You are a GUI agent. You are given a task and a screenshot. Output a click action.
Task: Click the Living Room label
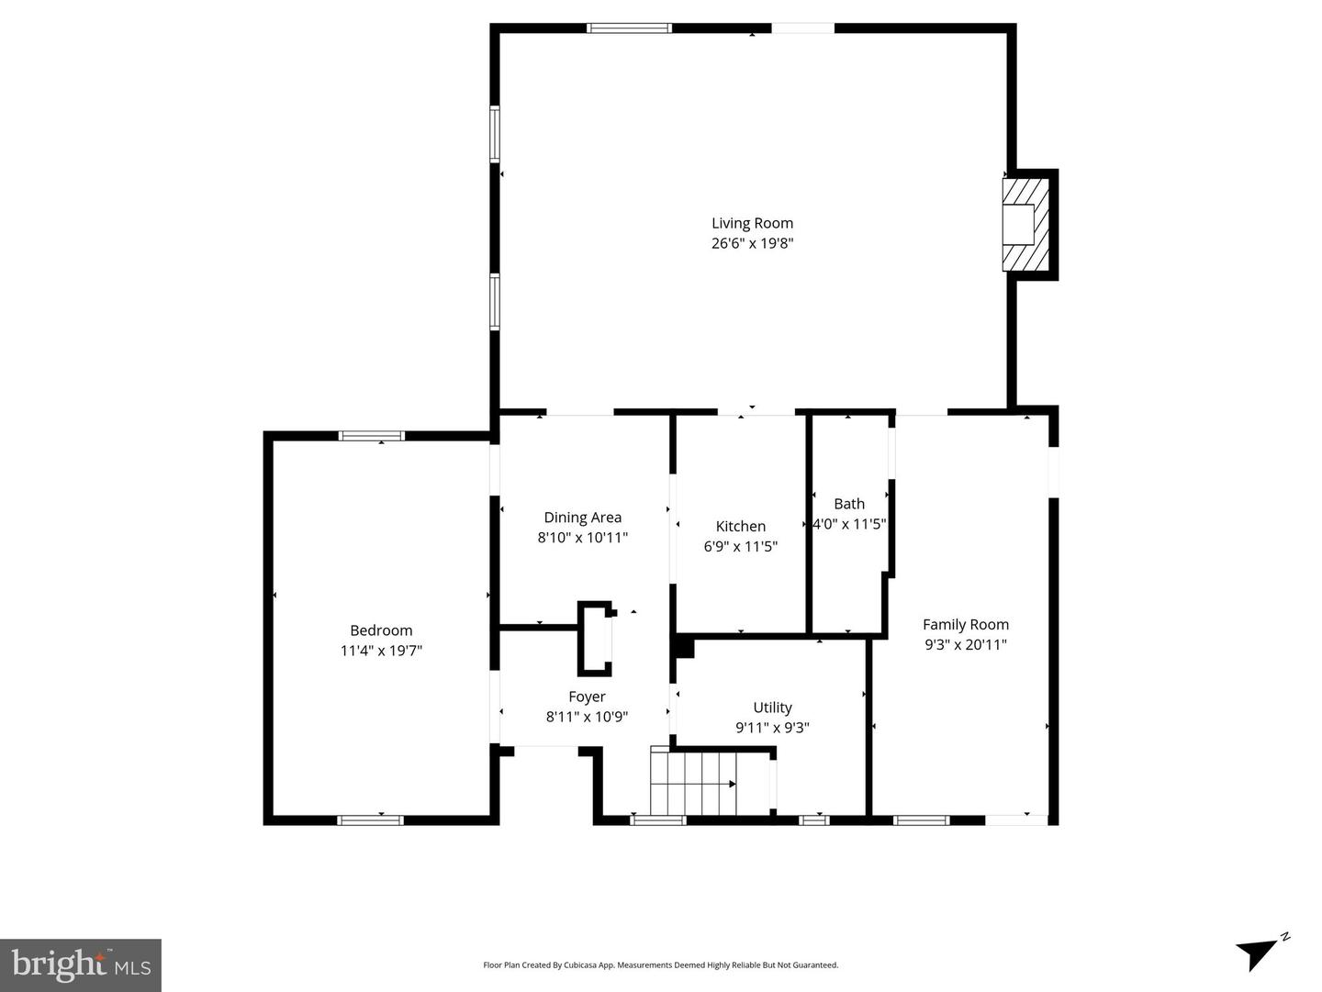pos(752,223)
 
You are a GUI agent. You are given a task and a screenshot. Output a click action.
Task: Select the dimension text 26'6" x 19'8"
pos(752,243)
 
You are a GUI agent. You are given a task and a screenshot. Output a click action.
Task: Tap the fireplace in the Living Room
pos(1025,224)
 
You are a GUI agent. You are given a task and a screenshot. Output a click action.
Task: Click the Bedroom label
pos(381,630)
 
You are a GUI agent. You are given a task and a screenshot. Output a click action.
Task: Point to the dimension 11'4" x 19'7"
pos(381,651)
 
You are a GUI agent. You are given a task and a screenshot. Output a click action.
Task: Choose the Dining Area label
pos(582,518)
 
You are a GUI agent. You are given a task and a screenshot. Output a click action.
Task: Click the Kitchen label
pos(740,526)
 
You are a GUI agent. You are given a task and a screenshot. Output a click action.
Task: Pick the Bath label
pos(849,504)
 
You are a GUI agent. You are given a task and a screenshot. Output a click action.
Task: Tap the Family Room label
pos(966,624)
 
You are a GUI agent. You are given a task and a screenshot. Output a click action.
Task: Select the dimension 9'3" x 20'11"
pos(966,644)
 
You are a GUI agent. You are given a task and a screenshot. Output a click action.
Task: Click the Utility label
pos(772,708)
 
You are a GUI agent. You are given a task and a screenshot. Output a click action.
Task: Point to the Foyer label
pos(587,697)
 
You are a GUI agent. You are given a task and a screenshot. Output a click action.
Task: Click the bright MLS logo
pos(81,964)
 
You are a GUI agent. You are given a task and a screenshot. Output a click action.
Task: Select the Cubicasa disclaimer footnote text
pos(660,965)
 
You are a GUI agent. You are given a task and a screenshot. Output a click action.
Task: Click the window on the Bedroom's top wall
pos(371,436)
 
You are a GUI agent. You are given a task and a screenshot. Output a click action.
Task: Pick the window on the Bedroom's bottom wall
pos(370,819)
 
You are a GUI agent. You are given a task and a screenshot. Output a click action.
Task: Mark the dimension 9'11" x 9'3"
pos(772,728)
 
